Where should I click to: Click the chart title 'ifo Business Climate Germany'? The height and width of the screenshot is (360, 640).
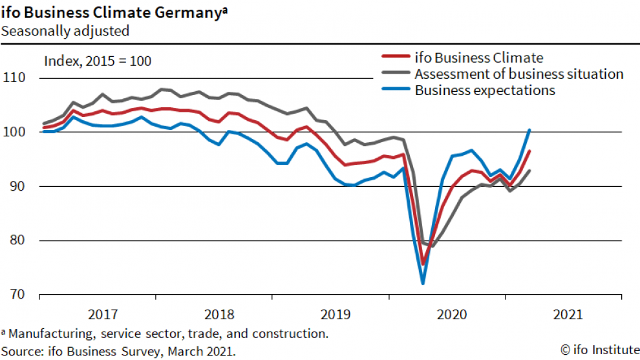coord(114,12)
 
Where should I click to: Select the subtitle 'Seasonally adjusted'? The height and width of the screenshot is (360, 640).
coord(65,30)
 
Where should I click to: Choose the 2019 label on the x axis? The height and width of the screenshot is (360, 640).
coord(334,315)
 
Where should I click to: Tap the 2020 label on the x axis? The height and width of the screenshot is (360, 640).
coord(451,315)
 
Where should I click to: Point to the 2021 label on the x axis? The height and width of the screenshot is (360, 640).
coord(568,315)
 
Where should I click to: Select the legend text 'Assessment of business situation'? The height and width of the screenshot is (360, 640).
coord(519,74)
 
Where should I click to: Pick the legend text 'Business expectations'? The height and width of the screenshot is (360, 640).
coord(485,90)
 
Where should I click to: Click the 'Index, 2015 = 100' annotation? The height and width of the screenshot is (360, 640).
coord(97,61)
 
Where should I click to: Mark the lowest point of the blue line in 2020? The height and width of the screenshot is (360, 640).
coord(423,283)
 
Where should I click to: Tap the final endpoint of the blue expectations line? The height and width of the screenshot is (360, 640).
coord(529,130)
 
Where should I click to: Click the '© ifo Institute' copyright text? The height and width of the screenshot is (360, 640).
coord(598,350)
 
